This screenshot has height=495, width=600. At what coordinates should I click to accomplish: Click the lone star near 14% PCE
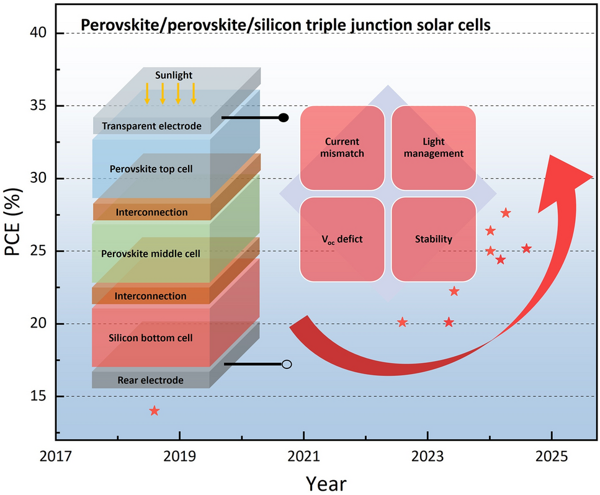point(154,411)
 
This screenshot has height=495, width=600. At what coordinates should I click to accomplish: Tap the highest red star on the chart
point(506,213)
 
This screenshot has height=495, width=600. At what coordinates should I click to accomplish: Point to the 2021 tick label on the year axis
point(303,456)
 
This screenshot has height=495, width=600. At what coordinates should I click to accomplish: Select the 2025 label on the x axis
point(552,456)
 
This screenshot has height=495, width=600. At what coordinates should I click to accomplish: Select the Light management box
point(434,148)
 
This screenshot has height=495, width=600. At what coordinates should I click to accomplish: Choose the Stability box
point(434,239)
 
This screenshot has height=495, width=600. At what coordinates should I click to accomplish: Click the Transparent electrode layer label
point(152,127)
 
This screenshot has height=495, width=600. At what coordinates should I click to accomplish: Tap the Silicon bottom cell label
point(151,338)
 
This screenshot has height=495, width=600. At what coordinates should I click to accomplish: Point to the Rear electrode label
point(151,380)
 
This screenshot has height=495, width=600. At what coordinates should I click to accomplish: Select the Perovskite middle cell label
point(151,254)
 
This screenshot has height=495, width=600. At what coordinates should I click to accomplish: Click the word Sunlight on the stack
point(174,75)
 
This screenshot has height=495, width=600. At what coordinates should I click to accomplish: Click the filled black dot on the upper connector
point(284,117)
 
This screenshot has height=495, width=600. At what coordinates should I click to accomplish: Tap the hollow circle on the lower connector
point(287,364)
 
